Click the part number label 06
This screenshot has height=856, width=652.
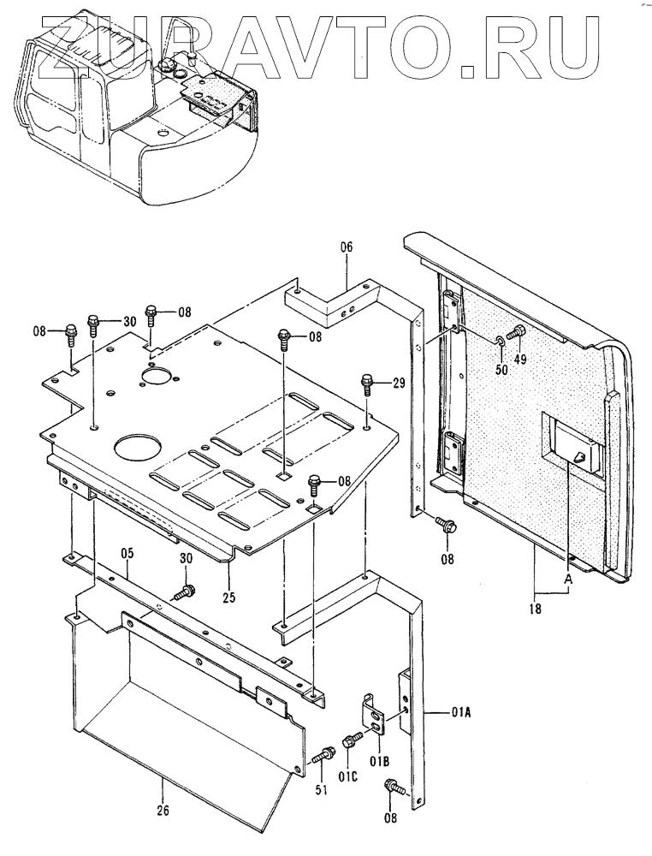[x=347, y=247]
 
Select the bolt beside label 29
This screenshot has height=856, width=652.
[x=367, y=382]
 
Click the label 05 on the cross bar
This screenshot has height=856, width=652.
[x=127, y=553]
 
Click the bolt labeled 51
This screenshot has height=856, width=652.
[x=322, y=756]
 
